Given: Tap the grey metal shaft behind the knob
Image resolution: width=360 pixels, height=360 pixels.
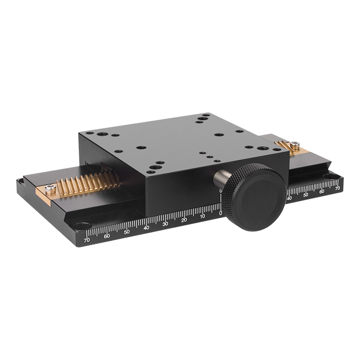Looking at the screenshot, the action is pyautogui.click(x=221, y=178).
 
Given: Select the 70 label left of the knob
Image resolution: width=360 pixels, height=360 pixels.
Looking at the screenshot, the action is pyautogui.click(x=87, y=240).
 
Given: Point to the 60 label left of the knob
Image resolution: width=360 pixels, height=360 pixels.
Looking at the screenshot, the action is pyautogui.click(x=107, y=236).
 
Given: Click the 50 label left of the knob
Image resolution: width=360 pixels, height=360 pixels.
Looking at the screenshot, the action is pyautogui.click(x=127, y=232).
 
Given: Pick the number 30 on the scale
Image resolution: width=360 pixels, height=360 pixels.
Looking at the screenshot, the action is pyautogui.click(x=165, y=224).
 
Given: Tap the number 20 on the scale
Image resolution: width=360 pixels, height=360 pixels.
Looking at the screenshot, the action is pyautogui.click(x=184, y=220).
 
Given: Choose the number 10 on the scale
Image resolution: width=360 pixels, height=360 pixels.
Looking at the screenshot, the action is pyautogui.click(x=202, y=216).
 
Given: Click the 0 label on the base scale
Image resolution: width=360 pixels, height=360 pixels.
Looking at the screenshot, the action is pyautogui.click(x=220, y=213).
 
